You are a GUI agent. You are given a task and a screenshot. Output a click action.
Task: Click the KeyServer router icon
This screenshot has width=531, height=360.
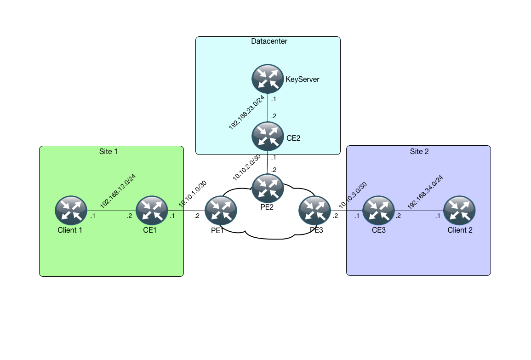pyautogui.click(x=268, y=79)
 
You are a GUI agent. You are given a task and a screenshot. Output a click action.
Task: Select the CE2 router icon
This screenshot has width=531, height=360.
pyautogui.click(x=268, y=137)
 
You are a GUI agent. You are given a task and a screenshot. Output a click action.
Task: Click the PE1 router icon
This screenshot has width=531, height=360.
pyautogui.click(x=221, y=211)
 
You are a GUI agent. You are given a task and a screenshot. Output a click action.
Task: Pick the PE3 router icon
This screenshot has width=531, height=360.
pyautogui.click(x=314, y=211)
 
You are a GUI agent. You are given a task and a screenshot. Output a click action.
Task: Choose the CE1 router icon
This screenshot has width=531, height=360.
pyautogui.click(x=152, y=211)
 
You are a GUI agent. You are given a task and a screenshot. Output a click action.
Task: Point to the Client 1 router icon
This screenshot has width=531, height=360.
pyautogui.click(x=70, y=211)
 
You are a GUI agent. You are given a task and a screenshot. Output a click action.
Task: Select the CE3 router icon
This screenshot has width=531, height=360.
pyautogui.click(x=378, y=211)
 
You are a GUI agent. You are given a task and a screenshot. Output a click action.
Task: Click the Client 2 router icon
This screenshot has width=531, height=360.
pyautogui.click(x=459, y=211)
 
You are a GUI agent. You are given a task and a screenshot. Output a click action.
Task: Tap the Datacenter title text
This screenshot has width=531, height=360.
pyautogui.click(x=269, y=41)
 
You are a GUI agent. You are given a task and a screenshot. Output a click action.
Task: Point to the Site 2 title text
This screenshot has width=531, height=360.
pyautogui.click(x=419, y=151)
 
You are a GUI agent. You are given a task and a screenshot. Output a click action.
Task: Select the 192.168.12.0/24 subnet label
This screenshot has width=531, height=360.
pyautogui.click(x=118, y=191)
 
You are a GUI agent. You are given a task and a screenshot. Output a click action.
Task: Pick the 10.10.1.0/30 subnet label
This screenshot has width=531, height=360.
pyautogui.click(x=192, y=195)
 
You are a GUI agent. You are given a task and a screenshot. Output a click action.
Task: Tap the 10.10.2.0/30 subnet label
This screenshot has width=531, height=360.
pyautogui.click(x=246, y=167)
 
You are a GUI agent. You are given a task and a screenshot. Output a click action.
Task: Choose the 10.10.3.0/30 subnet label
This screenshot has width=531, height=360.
pyautogui.click(x=353, y=195)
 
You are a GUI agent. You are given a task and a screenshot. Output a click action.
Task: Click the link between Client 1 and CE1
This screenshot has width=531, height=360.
pyautogui.click(x=111, y=211)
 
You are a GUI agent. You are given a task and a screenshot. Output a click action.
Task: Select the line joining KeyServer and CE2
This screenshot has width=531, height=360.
pyautogui.click(x=268, y=109)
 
